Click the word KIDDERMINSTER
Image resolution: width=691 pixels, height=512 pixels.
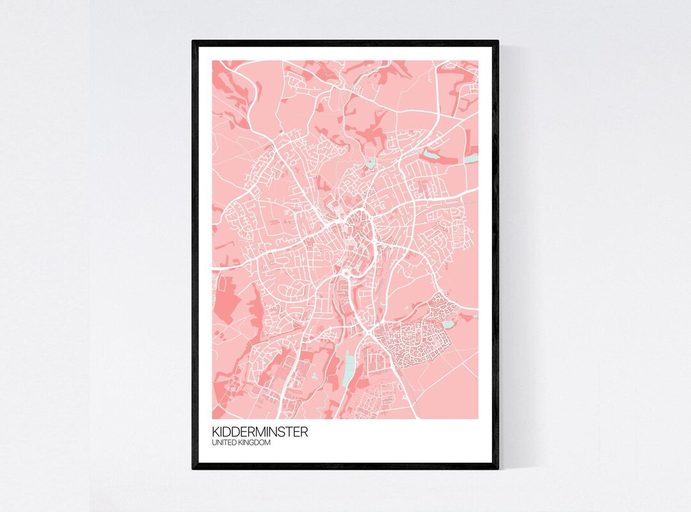click(x=260, y=432)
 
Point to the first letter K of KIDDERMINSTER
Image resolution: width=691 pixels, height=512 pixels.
click(x=216, y=432)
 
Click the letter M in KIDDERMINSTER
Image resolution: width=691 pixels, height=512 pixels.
click(x=262, y=432)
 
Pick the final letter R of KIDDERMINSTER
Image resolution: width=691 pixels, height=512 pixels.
click(x=304, y=432)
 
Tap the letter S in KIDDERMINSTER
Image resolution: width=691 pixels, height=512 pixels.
click(x=283, y=432)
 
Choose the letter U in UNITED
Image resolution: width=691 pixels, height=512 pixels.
click(x=214, y=442)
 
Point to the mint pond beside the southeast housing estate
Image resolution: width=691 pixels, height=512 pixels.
click(x=448, y=324)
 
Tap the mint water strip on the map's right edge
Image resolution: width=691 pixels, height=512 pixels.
click(x=472, y=157)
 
